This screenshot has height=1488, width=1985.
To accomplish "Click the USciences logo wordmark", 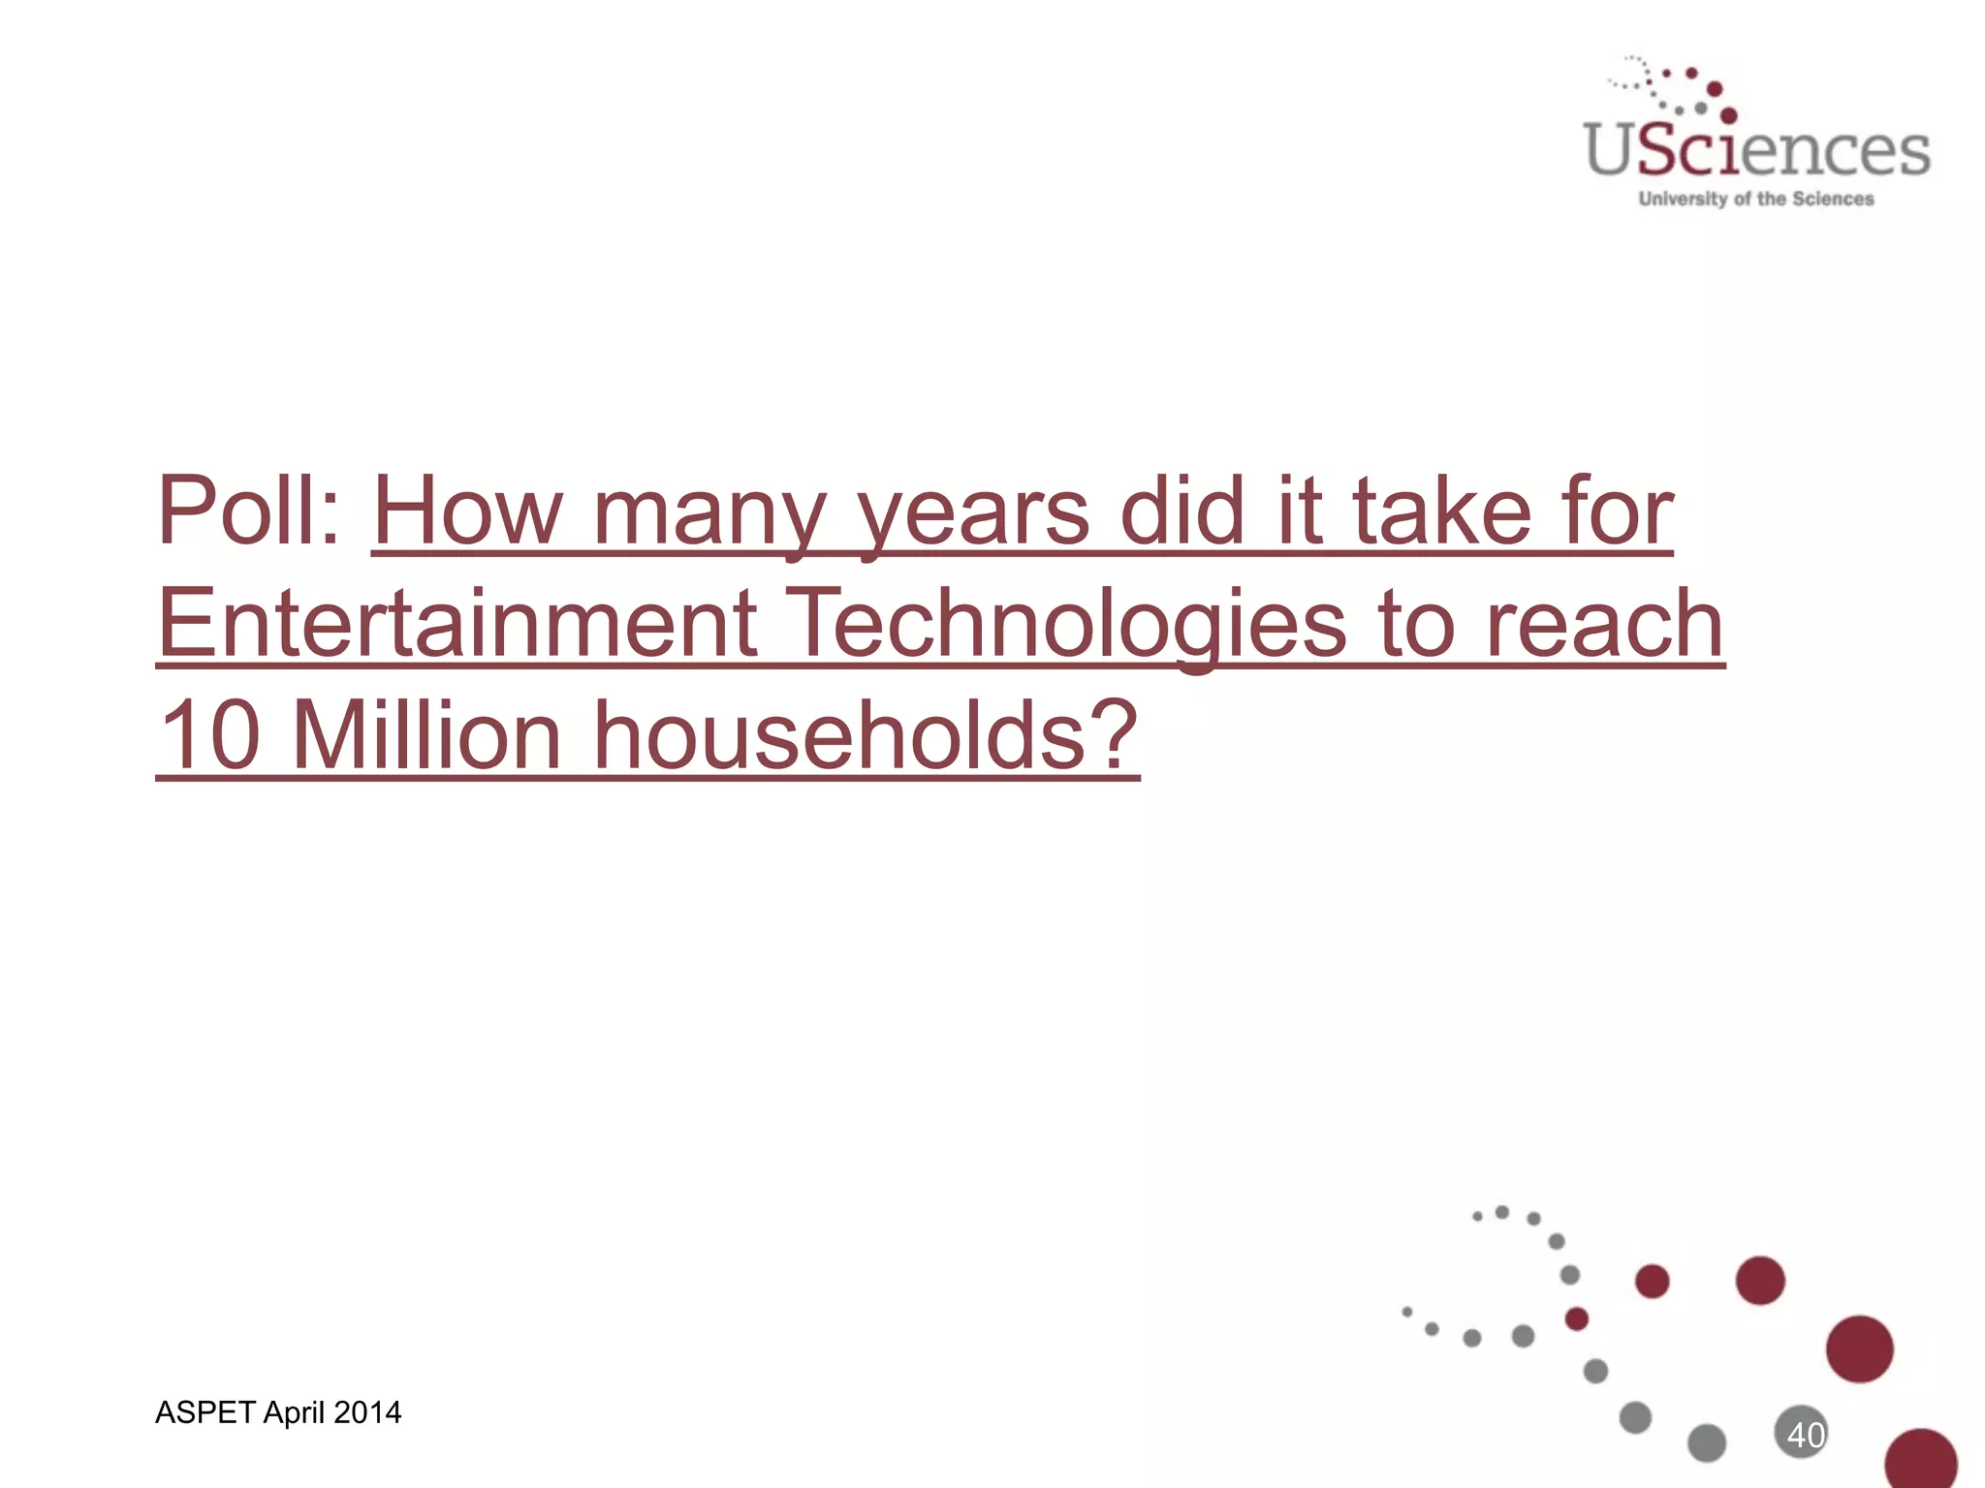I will [x=1756, y=151].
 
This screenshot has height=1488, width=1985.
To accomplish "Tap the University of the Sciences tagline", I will [x=1755, y=199].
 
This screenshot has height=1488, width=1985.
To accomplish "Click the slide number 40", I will [x=1805, y=1435].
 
